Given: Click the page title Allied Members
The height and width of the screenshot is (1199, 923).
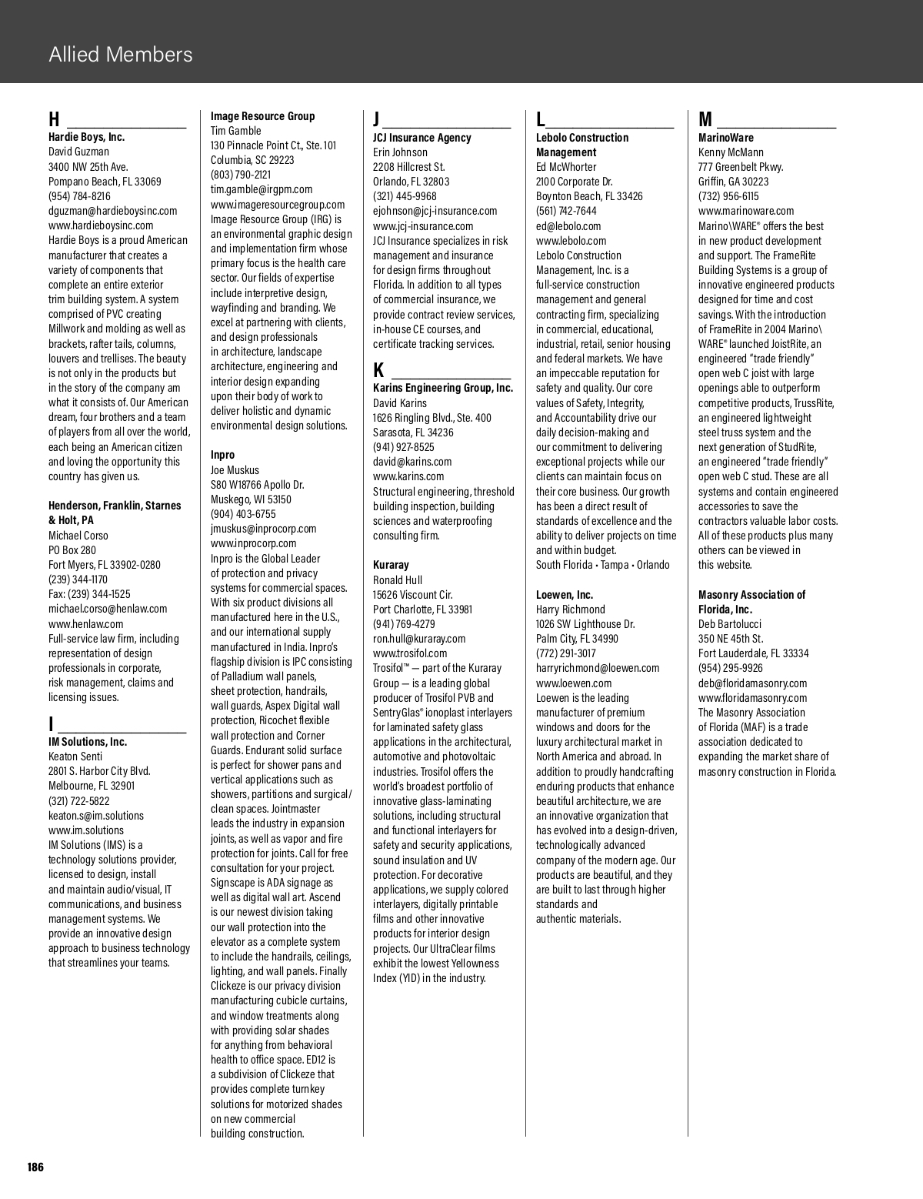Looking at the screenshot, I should pos(120,55).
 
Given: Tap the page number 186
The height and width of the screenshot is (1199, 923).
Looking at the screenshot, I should pos(35,1167).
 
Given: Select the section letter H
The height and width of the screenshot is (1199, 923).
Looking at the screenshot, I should pos(54,119).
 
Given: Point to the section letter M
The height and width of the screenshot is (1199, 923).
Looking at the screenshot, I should pos(705,119).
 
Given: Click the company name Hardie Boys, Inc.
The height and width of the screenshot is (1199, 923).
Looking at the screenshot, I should pos(86,137).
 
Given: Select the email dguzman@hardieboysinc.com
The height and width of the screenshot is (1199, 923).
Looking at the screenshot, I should pos(112,211).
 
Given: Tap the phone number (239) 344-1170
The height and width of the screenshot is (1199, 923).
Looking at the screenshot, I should pos(78,579).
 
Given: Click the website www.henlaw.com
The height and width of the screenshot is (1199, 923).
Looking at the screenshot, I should pos(85,624).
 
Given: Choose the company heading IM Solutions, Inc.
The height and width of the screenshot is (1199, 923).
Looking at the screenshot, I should pos(88,742).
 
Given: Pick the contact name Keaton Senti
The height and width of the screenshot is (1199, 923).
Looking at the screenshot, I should pos(75,756).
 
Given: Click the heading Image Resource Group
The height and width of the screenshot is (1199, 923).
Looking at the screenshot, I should pos(262,116).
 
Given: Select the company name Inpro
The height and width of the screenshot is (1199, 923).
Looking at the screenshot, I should pos(222,455).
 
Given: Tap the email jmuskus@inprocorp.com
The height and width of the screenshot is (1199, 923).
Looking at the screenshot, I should pos(263,529).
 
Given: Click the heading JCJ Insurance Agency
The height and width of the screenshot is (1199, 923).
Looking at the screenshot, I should pos(422,138).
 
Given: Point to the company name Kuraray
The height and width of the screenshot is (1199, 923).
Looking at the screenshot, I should pos(391,565).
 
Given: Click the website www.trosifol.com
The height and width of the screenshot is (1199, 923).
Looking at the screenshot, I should pos(410,653).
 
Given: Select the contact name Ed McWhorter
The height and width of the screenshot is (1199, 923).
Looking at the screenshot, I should pos(565,167).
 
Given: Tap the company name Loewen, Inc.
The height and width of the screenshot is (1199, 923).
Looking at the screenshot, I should pos(564,595).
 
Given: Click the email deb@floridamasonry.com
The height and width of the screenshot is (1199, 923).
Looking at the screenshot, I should pos(752,683).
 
